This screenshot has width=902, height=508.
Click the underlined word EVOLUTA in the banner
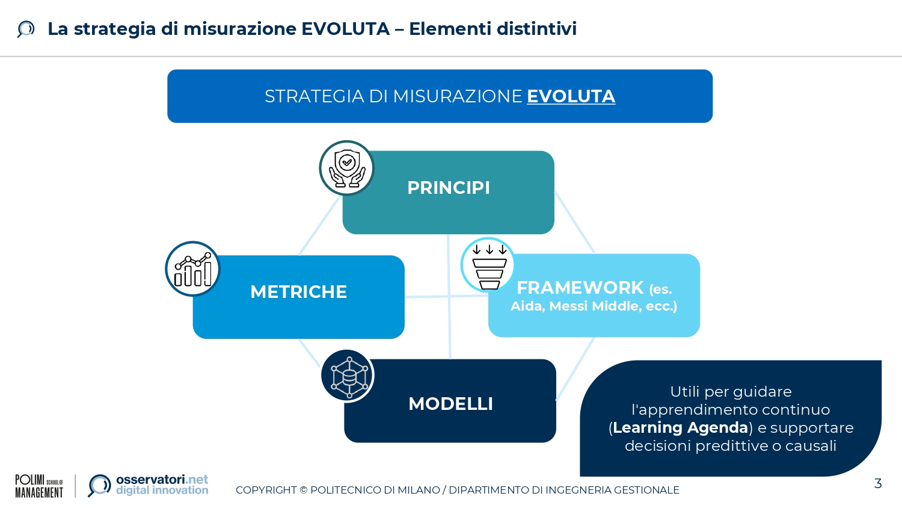click(x=571, y=96)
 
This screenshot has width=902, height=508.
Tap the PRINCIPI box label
click(x=449, y=188)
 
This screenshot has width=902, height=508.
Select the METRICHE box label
click(x=298, y=292)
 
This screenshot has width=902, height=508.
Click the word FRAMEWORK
click(x=580, y=288)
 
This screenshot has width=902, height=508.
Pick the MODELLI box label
click(x=450, y=404)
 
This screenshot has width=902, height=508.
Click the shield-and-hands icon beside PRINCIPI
click(x=347, y=168)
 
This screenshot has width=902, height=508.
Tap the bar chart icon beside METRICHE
click(x=192, y=269)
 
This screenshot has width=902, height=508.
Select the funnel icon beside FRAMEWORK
click(x=488, y=265)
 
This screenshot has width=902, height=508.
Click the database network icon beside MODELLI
click(x=348, y=376)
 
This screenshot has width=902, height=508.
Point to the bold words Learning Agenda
click(x=680, y=427)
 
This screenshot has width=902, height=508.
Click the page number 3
click(x=878, y=483)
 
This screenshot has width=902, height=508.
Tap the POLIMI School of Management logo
click(x=39, y=486)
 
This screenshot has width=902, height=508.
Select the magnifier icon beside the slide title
click(x=26, y=29)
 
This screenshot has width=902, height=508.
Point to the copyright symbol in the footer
click(x=303, y=490)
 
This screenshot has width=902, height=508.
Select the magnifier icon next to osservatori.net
click(x=99, y=485)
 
